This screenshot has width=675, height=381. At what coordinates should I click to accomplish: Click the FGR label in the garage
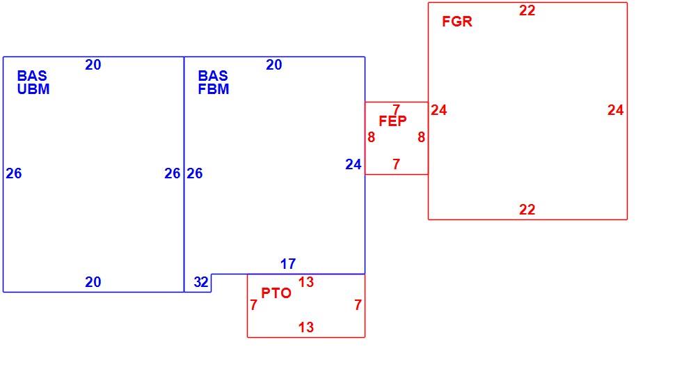pyautogui.click(x=456, y=22)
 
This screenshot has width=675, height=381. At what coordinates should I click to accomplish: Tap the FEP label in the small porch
pyautogui.click(x=392, y=121)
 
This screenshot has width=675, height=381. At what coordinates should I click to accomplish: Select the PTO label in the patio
pyautogui.click(x=276, y=293)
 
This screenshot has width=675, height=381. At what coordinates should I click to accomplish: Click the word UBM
pyautogui.click(x=33, y=89)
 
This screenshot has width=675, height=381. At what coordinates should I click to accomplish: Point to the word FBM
pyautogui.click(x=213, y=89)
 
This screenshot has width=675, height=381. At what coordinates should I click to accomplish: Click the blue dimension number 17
pyautogui.click(x=288, y=264)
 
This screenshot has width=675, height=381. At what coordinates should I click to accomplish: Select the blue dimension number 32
pyautogui.click(x=201, y=282)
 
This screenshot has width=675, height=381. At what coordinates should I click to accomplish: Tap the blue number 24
pyautogui.click(x=353, y=164)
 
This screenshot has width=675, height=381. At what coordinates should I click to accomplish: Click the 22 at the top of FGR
pyautogui.click(x=527, y=10)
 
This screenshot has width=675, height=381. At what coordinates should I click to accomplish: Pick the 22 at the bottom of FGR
pyautogui.click(x=527, y=210)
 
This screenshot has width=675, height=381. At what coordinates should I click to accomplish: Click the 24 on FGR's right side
pyautogui.click(x=615, y=110)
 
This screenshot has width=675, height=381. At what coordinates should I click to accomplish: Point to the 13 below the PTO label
pyautogui.click(x=306, y=327)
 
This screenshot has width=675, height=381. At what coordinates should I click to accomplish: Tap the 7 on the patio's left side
pyautogui.click(x=253, y=305)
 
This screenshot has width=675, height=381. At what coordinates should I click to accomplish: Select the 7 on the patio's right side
pyautogui.click(x=358, y=305)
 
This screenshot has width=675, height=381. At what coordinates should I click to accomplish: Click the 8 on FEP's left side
pyautogui.click(x=371, y=137)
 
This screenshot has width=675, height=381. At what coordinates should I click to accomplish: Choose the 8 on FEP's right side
pyautogui.click(x=421, y=137)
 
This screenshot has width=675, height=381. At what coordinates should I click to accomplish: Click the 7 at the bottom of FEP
pyautogui.click(x=396, y=164)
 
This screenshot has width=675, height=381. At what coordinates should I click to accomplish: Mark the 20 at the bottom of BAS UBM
pyautogui.click(x=93, y=282)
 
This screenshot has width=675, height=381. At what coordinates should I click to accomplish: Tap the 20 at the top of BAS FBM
pyautogui.click(x=273, y=65)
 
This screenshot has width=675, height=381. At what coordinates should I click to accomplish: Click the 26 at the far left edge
pyautogui.click(x=14, y=173)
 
